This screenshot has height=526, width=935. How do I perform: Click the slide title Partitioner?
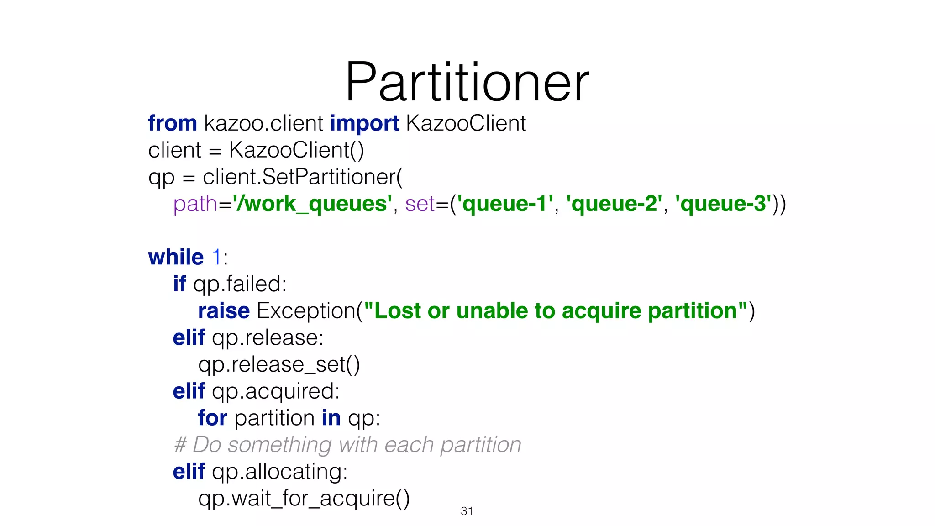pyautogui.click(x=467, y=82)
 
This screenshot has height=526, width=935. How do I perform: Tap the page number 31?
pyautogui.click(x=467, y=511)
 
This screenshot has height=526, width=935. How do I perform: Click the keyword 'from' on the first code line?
pyautogui.click(x=172, y=123)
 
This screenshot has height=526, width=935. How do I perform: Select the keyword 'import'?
pyautogui.click(x=364, y=123)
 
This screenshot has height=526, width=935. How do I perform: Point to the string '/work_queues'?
pyautogui.click(x=312, y=204)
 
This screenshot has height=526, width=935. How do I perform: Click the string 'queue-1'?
pyautogui.click(x=505, y=204)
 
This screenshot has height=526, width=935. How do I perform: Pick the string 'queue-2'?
pyautogui.click(x=614, y=204)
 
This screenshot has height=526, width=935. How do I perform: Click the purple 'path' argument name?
pyautogui.click(x=195, y=204)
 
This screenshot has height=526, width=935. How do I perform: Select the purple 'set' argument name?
pyautogui.click(x=420, y=204)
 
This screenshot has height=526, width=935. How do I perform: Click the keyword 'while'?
pyautogui.click(x=176, y=257)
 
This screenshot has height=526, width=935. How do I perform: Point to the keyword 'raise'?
pyautogui.click(x=224, y=311)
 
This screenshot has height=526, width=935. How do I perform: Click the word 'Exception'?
pyautogui.click(x=306, y=311)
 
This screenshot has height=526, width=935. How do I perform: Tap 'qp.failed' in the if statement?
pyautogui.click(x=239, y=284)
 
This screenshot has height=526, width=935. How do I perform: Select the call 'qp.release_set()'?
pyautogui.click(x=279, y=365)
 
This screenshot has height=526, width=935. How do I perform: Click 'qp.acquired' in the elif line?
pyautogui.click(x=275, y=392)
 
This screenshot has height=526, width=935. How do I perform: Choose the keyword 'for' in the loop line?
pyautogui.click(x=212, y=418)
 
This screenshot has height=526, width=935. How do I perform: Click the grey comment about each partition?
pyautogui.click(x=347, y=445)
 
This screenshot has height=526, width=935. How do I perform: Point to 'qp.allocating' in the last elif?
pyautogui.click(x=279, y=472)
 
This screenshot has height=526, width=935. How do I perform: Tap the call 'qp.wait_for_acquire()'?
pyautogui.click(x=304, y=498)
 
